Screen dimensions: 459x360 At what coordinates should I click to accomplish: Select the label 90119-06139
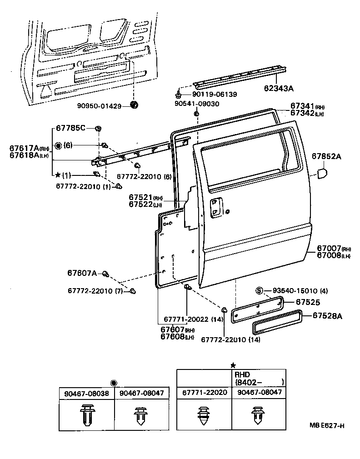pyautogui.click(x=214, y=94)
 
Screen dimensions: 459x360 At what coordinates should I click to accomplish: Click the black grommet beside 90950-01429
pyautogui.click(x=134, y=105)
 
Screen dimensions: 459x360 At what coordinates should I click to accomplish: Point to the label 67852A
pyautogui.click(x=326, y=156)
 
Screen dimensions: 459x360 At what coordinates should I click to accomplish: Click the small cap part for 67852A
pyautogui.click(x=321, y=174)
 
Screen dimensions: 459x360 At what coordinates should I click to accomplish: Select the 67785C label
pyautogui.click(x=70, y=128)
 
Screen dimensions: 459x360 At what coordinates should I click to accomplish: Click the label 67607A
pyautogui.click(x=82, y=273)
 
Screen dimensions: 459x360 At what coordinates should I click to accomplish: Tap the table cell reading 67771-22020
pyautogui.click(x=204, y=392)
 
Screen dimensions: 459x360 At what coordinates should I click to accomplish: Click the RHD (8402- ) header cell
pyautogui.click(x=259, y=378)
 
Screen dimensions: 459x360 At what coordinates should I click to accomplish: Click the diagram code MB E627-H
pyautogui.click(x=327, y=426)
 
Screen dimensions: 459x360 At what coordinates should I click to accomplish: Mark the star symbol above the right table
pyautogui.click(x=233, y=365)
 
